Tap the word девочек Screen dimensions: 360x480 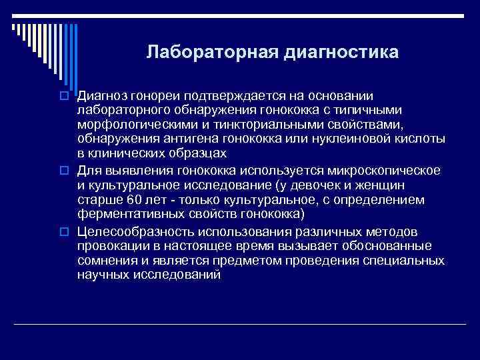(313, 185)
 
